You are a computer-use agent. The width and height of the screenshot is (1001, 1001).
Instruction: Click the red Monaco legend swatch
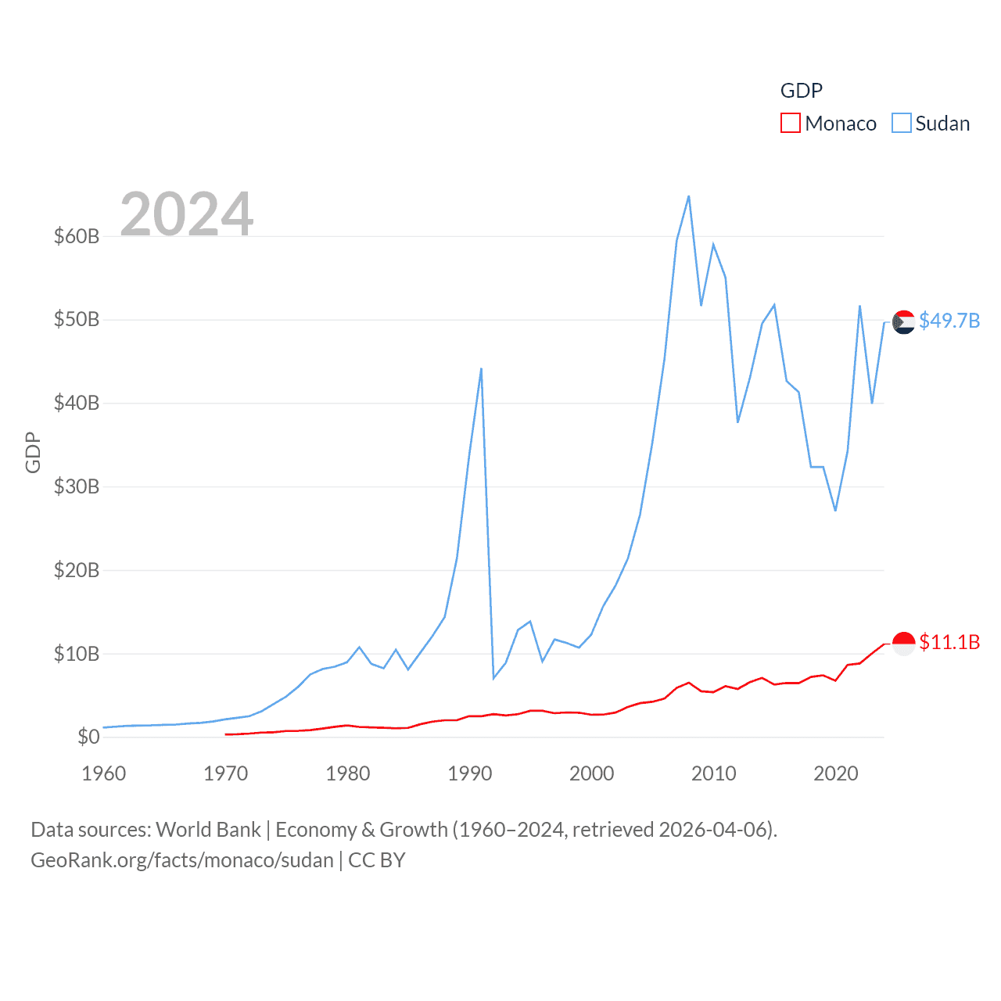coord(790,124)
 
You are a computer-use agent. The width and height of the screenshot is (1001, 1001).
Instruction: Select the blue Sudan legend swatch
coord(901,124)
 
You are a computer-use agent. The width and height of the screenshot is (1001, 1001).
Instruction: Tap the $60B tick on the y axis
coord(77,236)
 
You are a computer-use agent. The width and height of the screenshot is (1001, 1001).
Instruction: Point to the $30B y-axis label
coord(77,486)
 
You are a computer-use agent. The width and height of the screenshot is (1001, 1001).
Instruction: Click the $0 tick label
coord(88,737)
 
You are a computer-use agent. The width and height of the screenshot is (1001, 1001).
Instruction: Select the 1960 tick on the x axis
coord(104,773)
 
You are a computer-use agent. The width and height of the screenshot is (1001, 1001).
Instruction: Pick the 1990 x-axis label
coord(470,773)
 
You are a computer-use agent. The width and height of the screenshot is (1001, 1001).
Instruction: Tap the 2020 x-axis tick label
coord(836,773)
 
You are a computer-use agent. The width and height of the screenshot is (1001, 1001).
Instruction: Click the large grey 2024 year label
coord(187,214)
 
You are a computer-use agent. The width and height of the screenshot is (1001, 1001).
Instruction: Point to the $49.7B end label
coord(949,321)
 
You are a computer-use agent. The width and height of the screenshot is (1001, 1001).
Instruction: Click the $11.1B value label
coord(949,642)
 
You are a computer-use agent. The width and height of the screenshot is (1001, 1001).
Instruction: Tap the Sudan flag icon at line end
coord(903,321)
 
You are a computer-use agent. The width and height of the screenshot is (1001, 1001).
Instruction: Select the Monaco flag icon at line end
coord(903,643)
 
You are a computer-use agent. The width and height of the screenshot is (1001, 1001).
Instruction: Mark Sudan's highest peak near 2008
coord(689,196)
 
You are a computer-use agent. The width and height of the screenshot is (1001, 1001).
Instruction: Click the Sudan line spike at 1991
coord(481,368)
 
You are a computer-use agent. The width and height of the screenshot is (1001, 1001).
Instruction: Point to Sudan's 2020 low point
coord(835,511)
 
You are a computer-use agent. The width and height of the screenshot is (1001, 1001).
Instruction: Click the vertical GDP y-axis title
coord(33,452)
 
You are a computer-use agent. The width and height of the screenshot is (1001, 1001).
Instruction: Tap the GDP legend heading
coord(802,91)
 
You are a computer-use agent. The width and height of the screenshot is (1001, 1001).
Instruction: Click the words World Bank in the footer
coord(208,830)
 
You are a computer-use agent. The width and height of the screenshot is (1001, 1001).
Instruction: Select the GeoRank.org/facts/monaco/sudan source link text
coord(182,860)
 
